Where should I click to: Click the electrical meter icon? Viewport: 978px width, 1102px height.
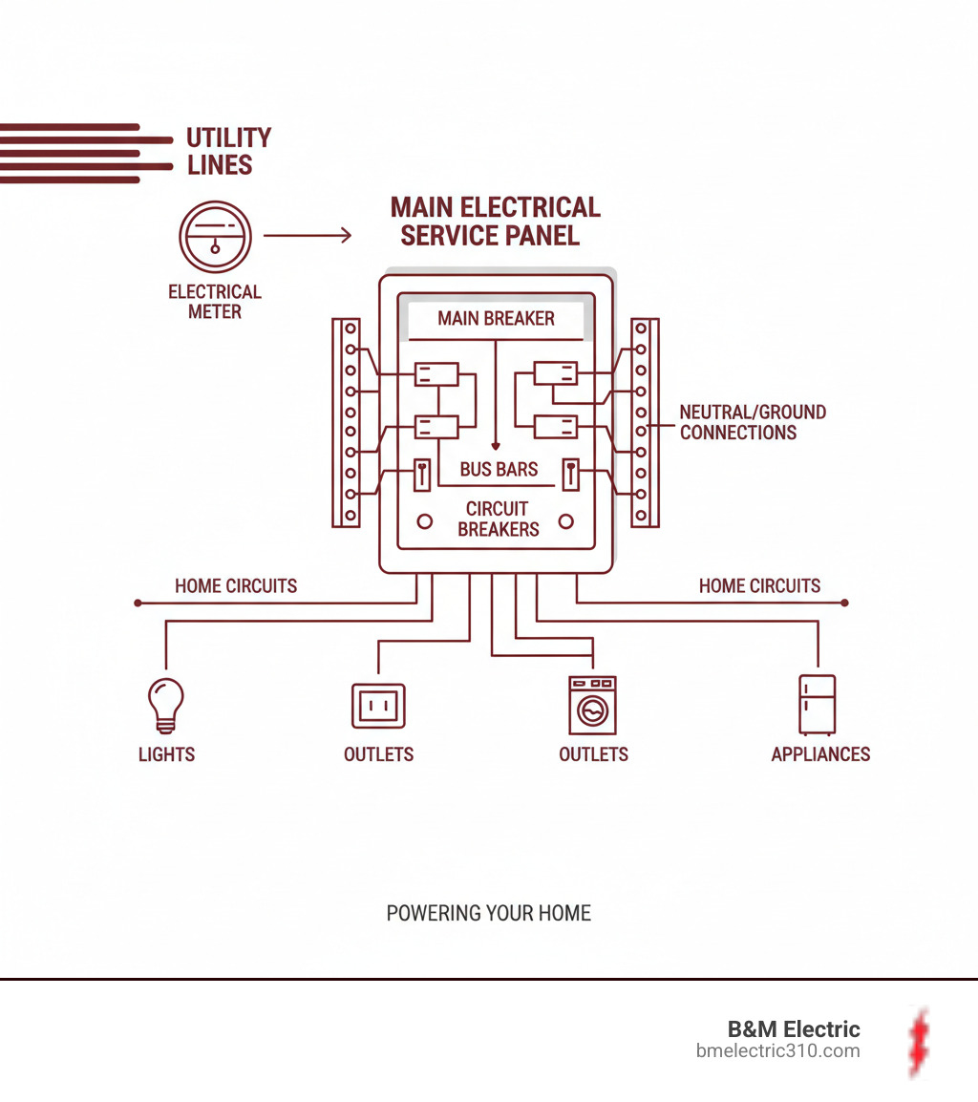(x=215, y=235)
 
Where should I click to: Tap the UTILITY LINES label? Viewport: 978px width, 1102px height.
(x=227, y=151)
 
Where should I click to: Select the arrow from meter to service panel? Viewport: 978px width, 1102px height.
(x=307, y=235)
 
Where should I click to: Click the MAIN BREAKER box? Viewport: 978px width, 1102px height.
(x=496, y=320)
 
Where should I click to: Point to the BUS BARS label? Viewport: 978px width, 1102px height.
(x=499, y=469)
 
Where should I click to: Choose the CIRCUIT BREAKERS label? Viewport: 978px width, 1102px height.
(x=498, y=519)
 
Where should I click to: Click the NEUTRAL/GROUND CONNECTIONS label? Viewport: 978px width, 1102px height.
(x=753, y=422)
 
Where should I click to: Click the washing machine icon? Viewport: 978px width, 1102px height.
(x=592, y=705)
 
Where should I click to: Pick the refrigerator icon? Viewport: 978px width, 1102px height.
(x=818, y=704)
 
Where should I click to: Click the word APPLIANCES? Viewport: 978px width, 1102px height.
(x=820, y=754)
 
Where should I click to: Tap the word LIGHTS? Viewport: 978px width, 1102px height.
(x=166, y=754)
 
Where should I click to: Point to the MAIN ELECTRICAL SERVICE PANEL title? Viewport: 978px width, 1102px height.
(x=494, y=221)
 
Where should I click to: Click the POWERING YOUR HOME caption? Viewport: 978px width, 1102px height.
(x=488, y=913)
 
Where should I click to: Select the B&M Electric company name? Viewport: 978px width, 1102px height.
(x=794, y=1029)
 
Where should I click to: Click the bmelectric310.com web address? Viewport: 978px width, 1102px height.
(x=778, y=1051)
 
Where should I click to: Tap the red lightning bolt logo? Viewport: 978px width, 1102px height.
(x=919, y=1042)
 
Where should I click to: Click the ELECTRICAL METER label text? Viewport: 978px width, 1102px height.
(x=215, y=302)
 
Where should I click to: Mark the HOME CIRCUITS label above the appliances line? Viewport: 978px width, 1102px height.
(x=759, y=586)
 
